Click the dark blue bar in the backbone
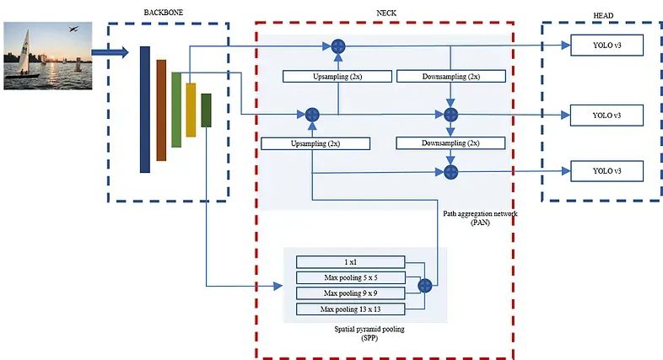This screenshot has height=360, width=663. point(145,109)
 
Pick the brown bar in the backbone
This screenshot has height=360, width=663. point(161,110)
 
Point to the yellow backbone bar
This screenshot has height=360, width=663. point(191,109)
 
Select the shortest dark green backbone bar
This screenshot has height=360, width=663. point(206,110)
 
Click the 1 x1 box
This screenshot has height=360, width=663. point(350,262)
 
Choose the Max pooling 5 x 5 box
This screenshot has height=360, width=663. point(350,277)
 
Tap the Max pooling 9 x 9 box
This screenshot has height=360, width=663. point(350,293)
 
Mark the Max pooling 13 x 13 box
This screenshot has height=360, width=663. point(350,309)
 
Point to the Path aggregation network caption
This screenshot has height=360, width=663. point(479,214)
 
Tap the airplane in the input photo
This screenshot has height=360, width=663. point(73,30)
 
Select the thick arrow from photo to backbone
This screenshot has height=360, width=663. point(110,52)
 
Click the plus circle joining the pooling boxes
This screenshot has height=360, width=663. point(424,286)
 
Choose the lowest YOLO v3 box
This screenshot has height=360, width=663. point(606,170)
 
